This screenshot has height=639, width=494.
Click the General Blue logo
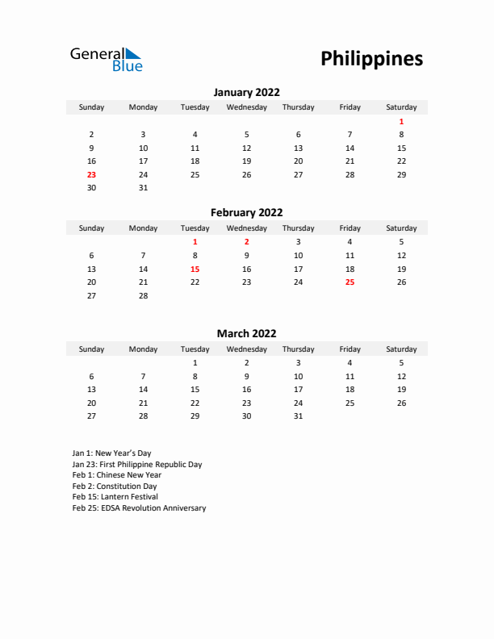click(x=106, y=59)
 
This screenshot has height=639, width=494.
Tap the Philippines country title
click(x=371, y=59)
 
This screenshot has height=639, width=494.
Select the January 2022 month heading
click(x=246, y=93)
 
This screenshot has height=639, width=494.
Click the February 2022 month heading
click(x=246, y=213)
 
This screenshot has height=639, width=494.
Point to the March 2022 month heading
click(x=246, y=333)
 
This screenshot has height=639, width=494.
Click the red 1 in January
click(x=401, y=121)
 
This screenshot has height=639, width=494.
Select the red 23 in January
click(x=91, y=174)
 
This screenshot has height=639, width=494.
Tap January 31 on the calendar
click(x=143, y=188)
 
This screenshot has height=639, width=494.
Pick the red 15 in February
click(x=195, y=269)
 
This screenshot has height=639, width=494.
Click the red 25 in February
click(x=350, y=282)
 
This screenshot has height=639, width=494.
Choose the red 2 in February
click(x=246, y=241)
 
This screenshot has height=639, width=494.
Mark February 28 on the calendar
click(x=143, y=296)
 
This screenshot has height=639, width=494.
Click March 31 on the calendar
click(x=298, y=416)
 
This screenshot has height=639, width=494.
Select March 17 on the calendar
click(x=298, y=389)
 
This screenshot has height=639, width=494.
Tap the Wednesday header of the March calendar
click(x=246, y=349)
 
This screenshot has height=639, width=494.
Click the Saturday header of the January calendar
click(x=401, y=107)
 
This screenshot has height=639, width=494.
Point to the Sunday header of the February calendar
click(x=91, y=228)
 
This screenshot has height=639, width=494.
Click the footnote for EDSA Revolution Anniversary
click(x=139, y=508)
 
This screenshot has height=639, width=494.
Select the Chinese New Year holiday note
click(x=116, y=475)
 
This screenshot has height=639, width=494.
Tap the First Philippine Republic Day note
click(x=136, y=465)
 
